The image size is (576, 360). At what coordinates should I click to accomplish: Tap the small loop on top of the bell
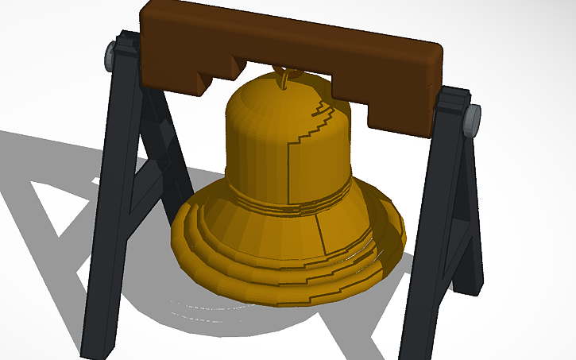click(x=281, y=79)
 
